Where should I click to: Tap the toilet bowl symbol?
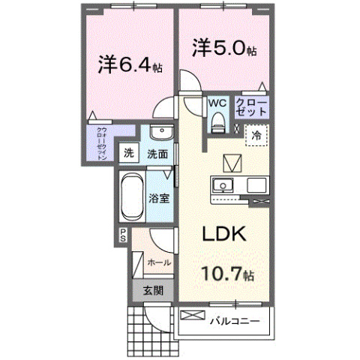217,120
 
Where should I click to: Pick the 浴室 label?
157,199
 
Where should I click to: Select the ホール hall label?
158,262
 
